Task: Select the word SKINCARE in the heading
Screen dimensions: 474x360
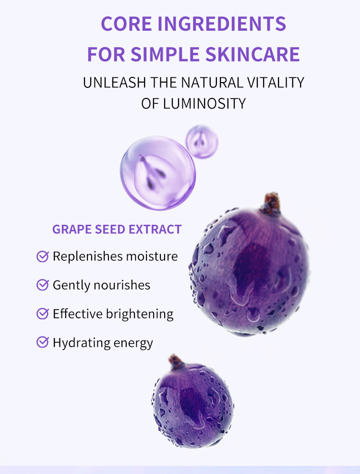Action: coord(252,54)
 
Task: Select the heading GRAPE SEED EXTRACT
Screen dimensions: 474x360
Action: coord(117,229)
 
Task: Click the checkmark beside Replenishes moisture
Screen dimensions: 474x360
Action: coord(43,256)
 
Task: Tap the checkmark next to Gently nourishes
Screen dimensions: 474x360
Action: coord(43,285)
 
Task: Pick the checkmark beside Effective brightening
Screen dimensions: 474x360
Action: coord(43,314)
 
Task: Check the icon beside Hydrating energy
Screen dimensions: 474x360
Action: coord(43,342)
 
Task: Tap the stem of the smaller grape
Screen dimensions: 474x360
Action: coord(176,362)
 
